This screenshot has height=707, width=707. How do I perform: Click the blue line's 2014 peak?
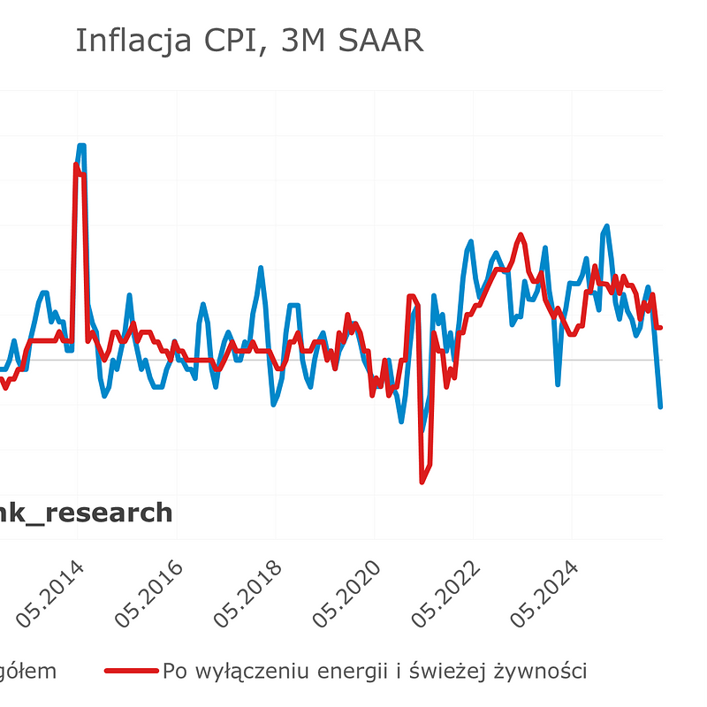[81, 145]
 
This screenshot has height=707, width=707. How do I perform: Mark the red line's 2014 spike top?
[77, 165]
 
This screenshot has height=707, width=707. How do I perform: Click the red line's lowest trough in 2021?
[422, 482]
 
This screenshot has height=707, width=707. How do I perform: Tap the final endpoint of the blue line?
[660, 407]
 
